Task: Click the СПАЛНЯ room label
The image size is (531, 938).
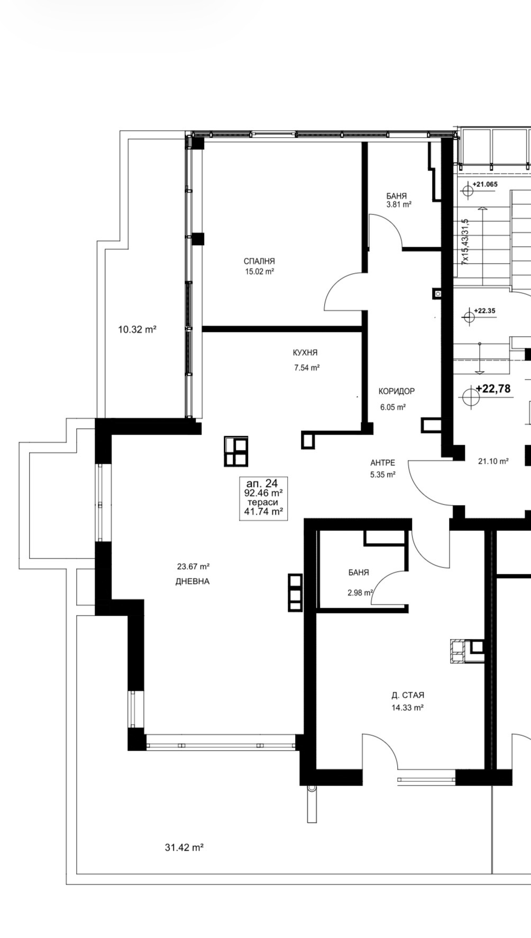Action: click(x=259, y=261)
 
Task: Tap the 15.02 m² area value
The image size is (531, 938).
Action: click(x=259, y=272)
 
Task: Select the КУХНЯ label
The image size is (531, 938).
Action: click(x=305, y=353)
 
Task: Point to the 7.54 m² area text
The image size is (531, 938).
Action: click(x=307, y=367)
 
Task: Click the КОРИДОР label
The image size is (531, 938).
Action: click(x=397, y=391)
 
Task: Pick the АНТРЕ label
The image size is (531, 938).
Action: click(x=382, y=463)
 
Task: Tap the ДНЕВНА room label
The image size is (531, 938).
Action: click(x=193, y=581)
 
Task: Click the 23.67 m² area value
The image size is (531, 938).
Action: click(x=194, y=566)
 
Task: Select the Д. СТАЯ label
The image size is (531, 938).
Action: click(x=408, y=695)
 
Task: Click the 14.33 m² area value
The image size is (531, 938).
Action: click(x=407, y=708)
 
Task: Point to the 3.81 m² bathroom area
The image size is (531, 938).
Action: click(x=399, y=204)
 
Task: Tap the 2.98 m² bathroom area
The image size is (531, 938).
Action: click(x=360, y=593)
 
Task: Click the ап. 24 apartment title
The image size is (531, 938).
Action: click(x=262, y=483)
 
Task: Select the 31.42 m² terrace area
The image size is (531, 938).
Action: click(x=184, y=847)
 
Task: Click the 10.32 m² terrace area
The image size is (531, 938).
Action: click(x=137, y=329)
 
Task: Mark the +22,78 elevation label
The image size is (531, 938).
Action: click(x=493, y=389)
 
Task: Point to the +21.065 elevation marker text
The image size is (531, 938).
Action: click(x=485, y=184)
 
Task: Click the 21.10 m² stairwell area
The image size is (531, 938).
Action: click(x=493, y=461)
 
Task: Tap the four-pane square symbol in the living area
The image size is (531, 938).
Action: click(x=236, y=451)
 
